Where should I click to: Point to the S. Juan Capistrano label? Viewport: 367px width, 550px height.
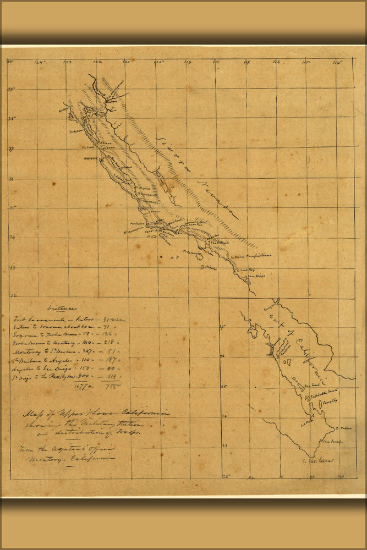[x=253, y=256]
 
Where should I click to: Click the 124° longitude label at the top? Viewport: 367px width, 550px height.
[x=40, y=62]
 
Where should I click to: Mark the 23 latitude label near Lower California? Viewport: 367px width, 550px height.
[x=224, y=444]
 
